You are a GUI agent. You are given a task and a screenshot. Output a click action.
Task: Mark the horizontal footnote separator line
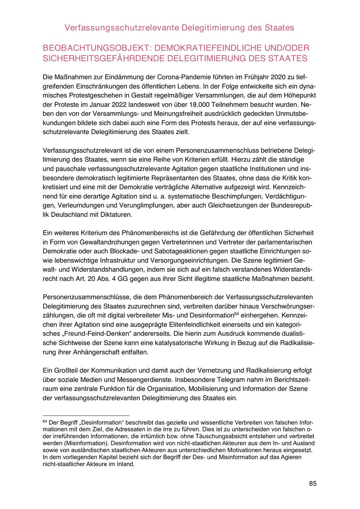[x=86, y=416]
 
